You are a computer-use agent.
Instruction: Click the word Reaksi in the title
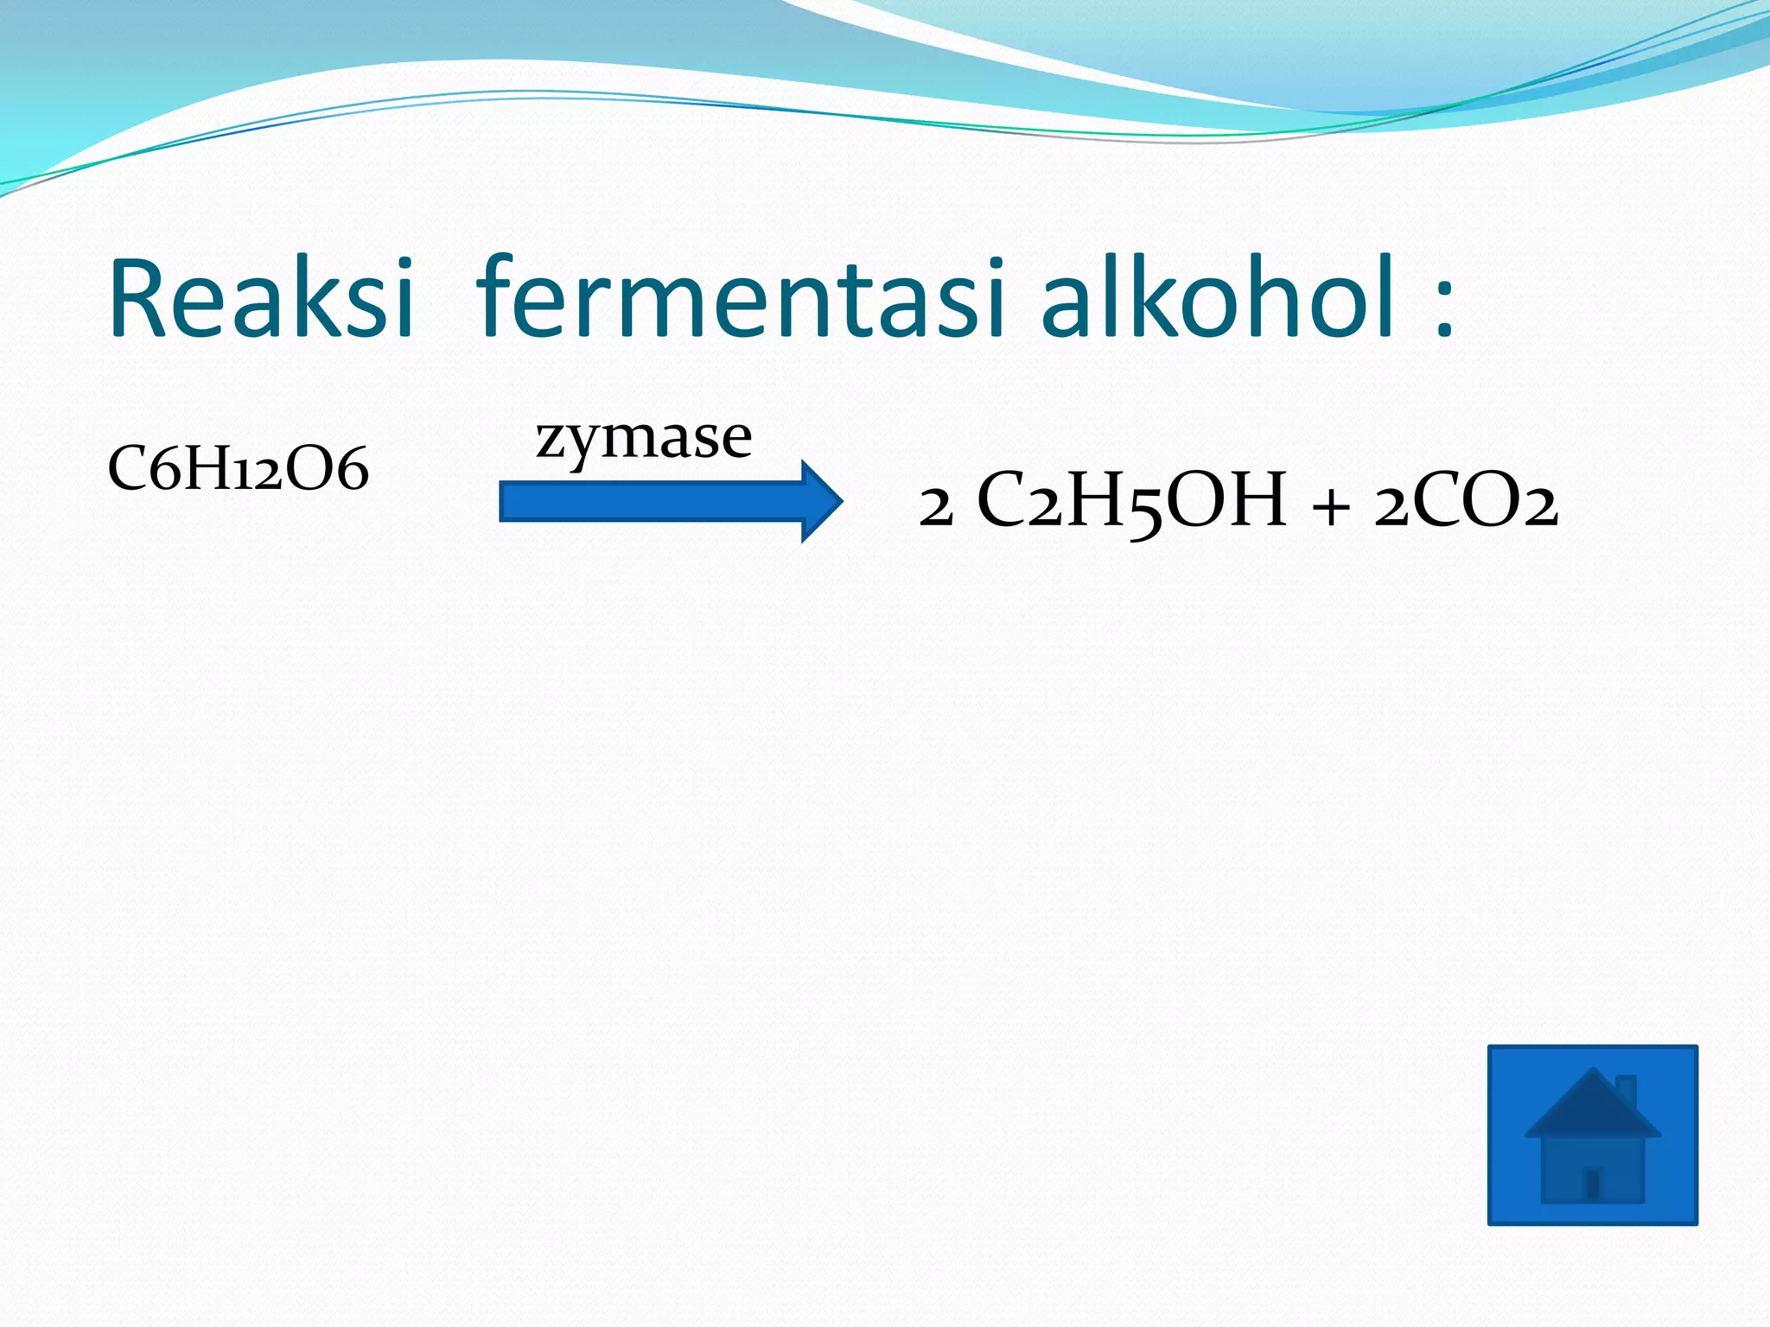pos(259,298)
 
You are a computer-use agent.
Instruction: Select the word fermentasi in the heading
pos(740,298)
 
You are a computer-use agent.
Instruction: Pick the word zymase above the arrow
pos(644,437)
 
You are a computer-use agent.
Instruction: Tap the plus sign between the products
pos(1330,505)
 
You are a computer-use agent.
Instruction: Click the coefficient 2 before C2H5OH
pos(936,506)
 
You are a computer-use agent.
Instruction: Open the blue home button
pos(1592,1134)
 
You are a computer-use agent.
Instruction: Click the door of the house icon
pos(1592,1184)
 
